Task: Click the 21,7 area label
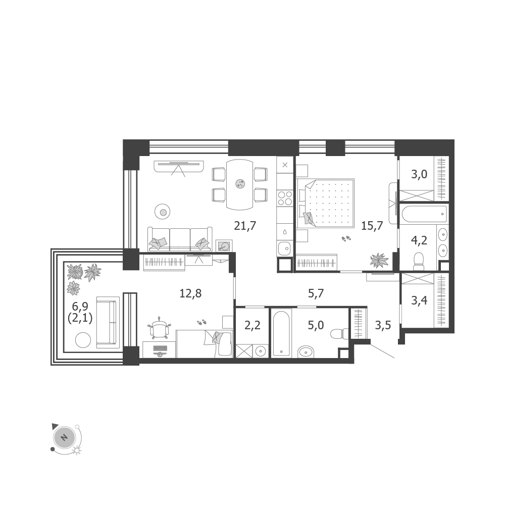pyautogui.click(x=245, y=226)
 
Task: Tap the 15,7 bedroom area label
pyautogui.click(x=372, y=226)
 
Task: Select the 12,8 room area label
pyautogui.click(x=190, y=293)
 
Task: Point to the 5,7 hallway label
pyautogui.click(x=316, y=293)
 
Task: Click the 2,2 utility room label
pyautogui.click(x=252, y=325)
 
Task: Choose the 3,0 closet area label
pyautogui.click(x=419, y=174)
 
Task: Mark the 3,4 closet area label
pyautogui.click(x=419, y=300)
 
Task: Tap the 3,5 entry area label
pyautogui.click(x=383, y=325)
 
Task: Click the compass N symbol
pyautogui.click(x=64, y=438)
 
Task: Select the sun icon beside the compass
pyautogui.click(x=77, y=450)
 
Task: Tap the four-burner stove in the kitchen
pyautogui.click(x=285, y=198)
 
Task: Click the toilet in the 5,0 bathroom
pyautogui.click(x=339, y=333)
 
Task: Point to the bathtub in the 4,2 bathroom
pyautogui.click(x=424, y=214)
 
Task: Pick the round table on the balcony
pyautogui.click(x=83, y=340)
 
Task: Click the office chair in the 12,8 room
pyautogui.click(x=160, y=328)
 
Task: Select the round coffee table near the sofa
pyautogui.click(x=163, y=212)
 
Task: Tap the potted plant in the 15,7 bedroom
pyautogui.click(x=379, y=260)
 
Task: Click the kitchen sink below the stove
pyautogui.click(x=284, y=248)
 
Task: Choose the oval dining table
pyautogui.click(x=240, y=184)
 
